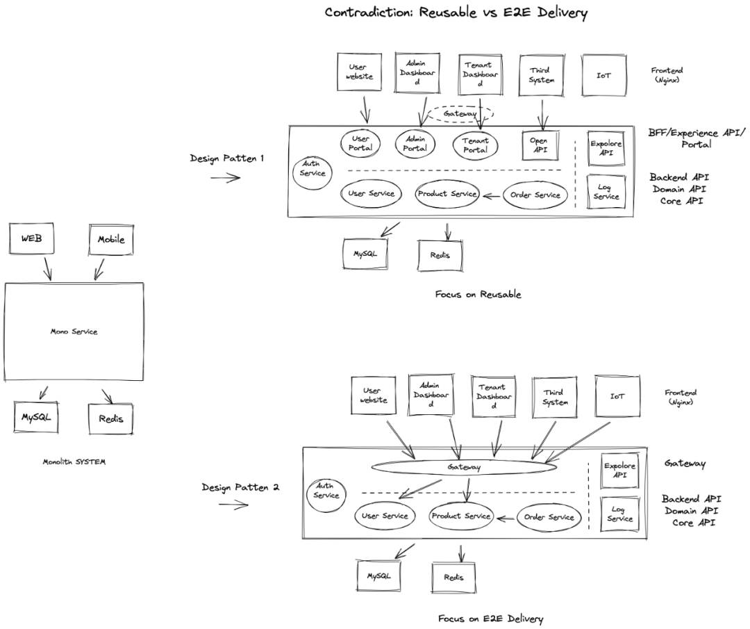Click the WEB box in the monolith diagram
click(31, 238)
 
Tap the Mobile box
click(111, 239)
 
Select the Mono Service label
click(74, 332)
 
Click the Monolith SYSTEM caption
click(74, 462)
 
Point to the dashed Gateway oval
click(460, 106)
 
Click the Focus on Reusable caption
click(478, 295)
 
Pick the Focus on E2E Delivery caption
click(491, 619)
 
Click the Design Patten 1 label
click(226, 158)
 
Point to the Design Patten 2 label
click(240, 488)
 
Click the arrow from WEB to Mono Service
click(47, 268)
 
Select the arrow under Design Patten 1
click(226, 178)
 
